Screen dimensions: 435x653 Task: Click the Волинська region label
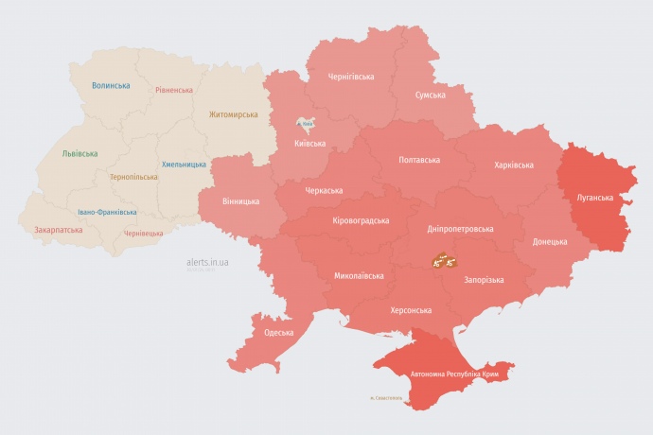click(x=111, y=85)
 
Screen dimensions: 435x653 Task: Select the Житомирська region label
click(x=233, y=114)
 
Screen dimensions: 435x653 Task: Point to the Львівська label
click(x=79, y=152)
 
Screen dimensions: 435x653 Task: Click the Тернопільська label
click(x=133, y=177)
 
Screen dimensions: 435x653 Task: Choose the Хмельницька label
click(x=184, y=164)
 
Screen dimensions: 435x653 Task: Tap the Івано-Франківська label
click(x=107, y=212)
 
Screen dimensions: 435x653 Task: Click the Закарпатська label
click(x=58, y=229)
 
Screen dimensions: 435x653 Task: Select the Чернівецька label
click(x=143, y=233)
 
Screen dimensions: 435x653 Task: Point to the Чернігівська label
click(x=350, y=76)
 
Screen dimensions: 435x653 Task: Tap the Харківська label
click(x=513, y=165)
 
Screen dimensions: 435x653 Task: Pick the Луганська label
click(x=594, y=198)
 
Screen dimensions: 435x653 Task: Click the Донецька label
click(x=550, y=241)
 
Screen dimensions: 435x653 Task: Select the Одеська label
click(x=278, y=332)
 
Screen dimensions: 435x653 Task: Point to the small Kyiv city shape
click(x=306, y=123)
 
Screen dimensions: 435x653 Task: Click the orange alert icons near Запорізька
click(x=445, y=260)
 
